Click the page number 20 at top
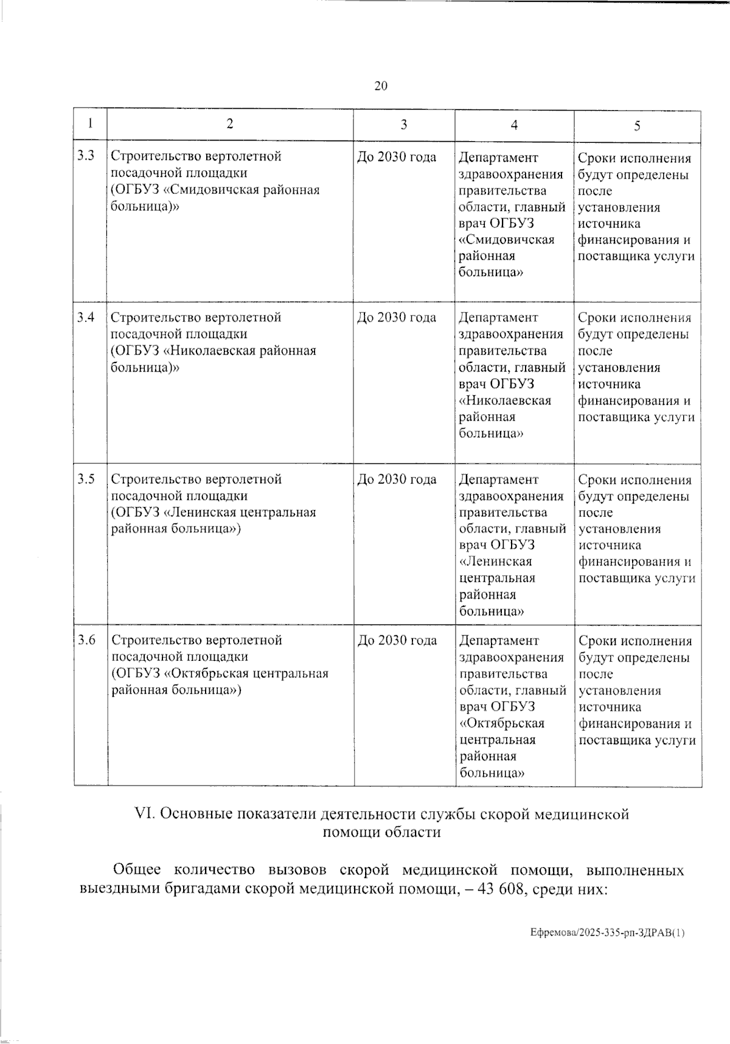point(381,86)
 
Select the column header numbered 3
point(404,125)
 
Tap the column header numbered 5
point(637,126)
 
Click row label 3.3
point(86,156)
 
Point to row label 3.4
point(86,317)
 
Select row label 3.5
point(86,479)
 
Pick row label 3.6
point(86,640)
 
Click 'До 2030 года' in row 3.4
point(397,317)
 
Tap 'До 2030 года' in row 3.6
point(397,640)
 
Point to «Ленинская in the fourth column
point(496,561)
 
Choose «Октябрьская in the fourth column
point(502,724)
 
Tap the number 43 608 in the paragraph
point(500,889)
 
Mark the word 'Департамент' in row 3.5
point(499,479)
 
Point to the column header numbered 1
point(90,123)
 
